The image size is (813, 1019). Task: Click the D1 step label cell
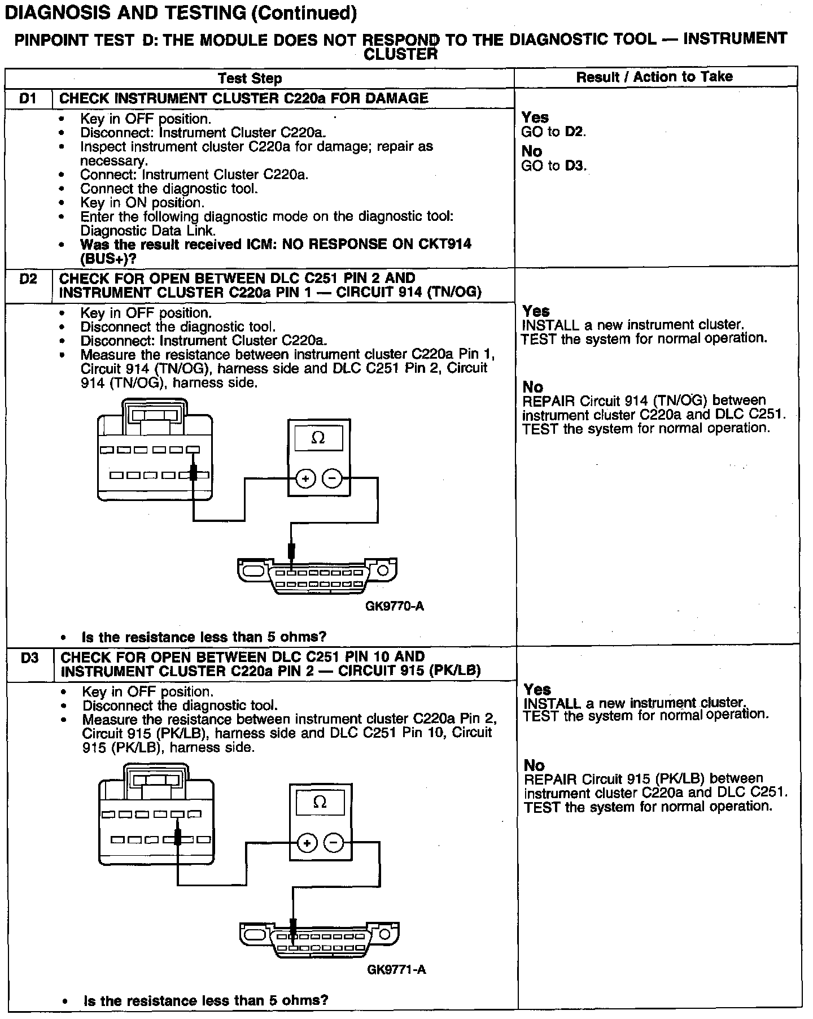click(x=28, y=99)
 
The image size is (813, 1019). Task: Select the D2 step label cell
click(x=28, y=280)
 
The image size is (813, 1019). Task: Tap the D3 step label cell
click(x=29, y=658)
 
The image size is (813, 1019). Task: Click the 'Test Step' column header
click(x=250, y=78)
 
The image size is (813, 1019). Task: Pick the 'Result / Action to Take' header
click(x=654, y=77)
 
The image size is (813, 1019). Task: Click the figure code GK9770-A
click(x=395, y=607)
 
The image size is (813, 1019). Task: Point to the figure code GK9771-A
click(x=396, y=970)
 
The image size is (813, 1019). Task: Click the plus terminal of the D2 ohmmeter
click(x=305, y=479)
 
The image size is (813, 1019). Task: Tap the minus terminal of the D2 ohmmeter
click(x=332, y=479)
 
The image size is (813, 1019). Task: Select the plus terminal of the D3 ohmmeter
click(x=307, y=843)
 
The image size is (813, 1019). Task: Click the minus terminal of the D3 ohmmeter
click(x=334, y=843)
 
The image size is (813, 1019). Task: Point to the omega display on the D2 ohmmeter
click(x=318, y=438)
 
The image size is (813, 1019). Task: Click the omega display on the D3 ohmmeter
click(x=320, y=803)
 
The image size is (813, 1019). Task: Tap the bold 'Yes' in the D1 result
click(x=535, y=117)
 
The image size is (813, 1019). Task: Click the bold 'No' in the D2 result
click(x=533, y=387)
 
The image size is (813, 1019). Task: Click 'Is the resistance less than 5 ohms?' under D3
click(x=206, y=1001)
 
